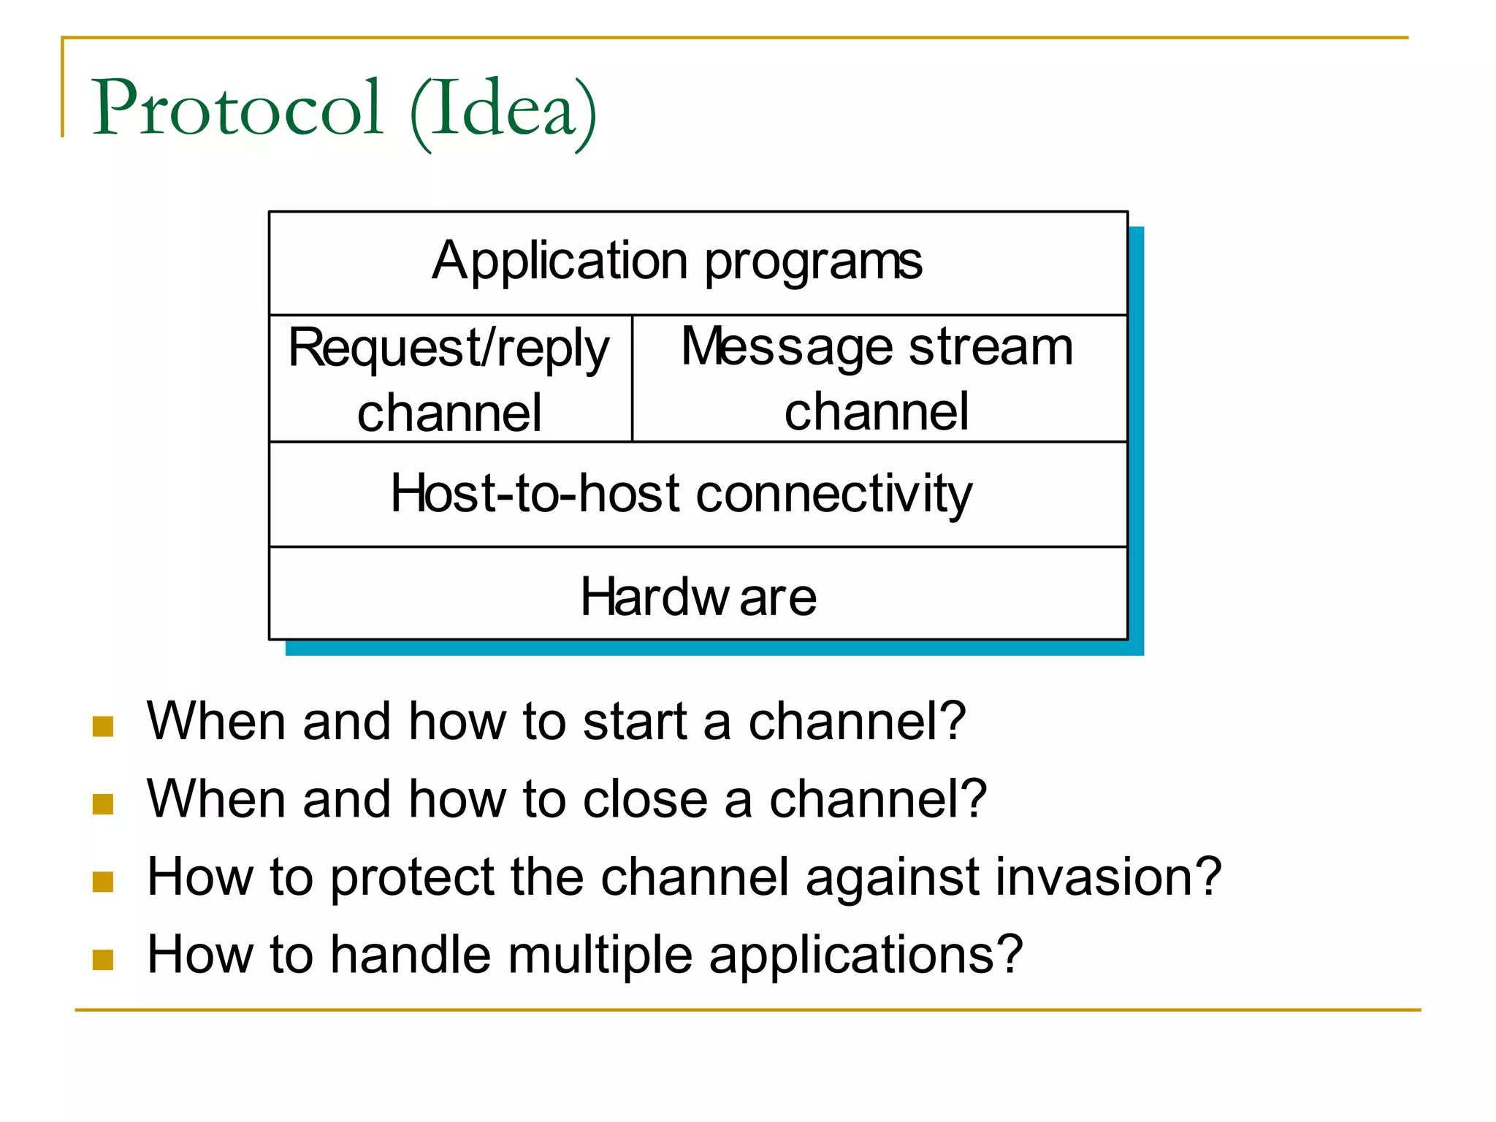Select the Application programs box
click(698, 263)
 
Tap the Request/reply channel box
click(450, 379)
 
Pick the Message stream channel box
click(879, 379)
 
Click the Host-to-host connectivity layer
click(698, 495)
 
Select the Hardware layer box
click(698, 595)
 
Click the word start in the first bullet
click(635, 722)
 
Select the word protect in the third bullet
click(412, 878)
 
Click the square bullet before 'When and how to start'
click(103, 727)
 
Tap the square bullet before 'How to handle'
click(103, 959)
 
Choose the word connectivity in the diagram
click(834, 495)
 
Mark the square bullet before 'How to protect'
click(103, 882)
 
